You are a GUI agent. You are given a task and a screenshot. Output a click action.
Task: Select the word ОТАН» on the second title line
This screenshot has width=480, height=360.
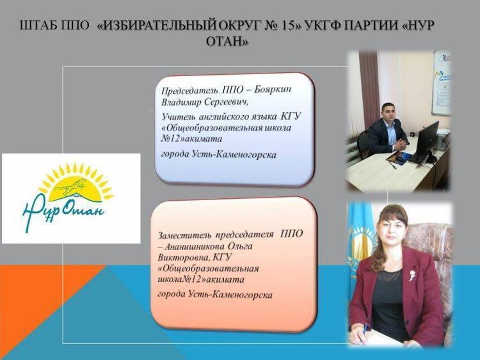(227, 41)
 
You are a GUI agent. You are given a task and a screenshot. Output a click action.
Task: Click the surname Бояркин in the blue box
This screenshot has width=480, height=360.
(273, 90)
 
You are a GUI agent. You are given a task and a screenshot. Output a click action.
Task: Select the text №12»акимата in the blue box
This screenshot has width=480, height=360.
(191, 139)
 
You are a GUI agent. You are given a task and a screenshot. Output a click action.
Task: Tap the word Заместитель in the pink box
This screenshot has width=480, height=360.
(184, 235)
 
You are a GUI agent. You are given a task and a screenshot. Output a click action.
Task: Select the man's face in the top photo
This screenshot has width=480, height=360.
(389, 113)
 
